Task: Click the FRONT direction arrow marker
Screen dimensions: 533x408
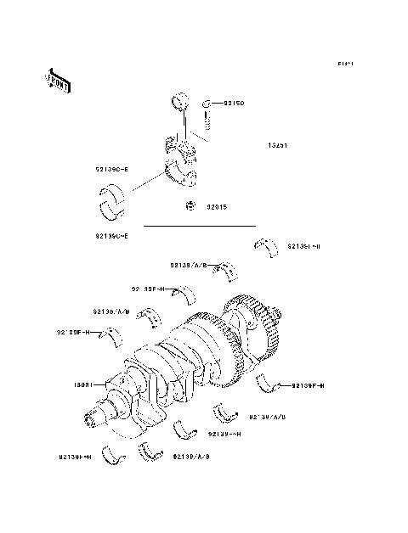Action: [x=58, y=81]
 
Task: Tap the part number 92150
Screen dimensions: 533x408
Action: [x=234, y=104]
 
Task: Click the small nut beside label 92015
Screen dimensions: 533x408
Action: [x=192, y=205]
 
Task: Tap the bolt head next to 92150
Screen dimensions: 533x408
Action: [x=207, y=104]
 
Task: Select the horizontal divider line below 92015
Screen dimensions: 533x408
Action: [x=199, y=227]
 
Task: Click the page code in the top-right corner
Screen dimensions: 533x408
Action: [x=344, y=64]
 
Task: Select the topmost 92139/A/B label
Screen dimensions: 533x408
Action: [x=190, y=265]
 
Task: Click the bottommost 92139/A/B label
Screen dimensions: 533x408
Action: [x=190, y=456]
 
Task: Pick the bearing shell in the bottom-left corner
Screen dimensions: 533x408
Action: [x=111, y=455]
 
